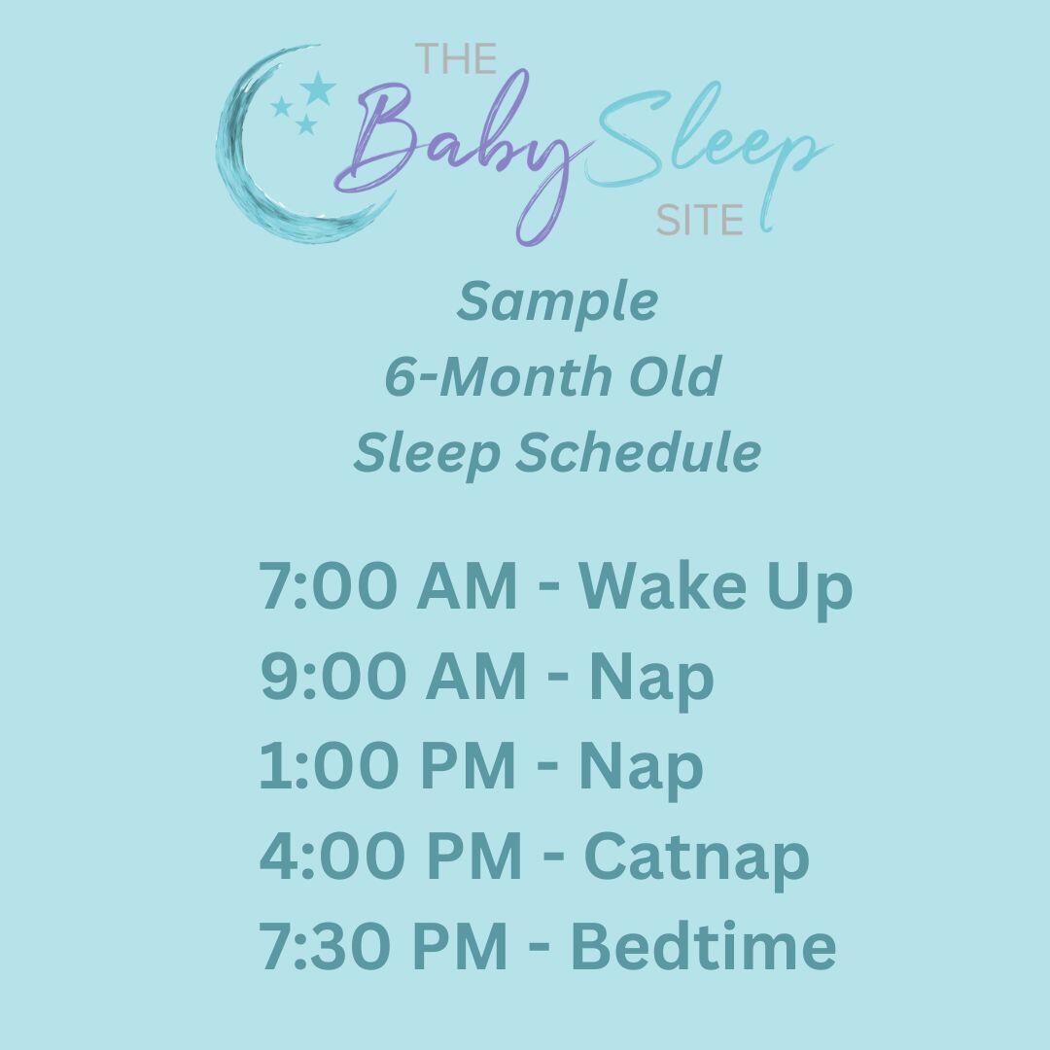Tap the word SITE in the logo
coord(700,221)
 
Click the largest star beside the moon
coord(317,88)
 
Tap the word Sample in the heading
coord(557,301)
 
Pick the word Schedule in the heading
coord(637,453)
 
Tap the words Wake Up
coord(716,587)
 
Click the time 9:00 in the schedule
coord(328,678)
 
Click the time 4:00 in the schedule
coord(328,857)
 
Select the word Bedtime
coord(703,946)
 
